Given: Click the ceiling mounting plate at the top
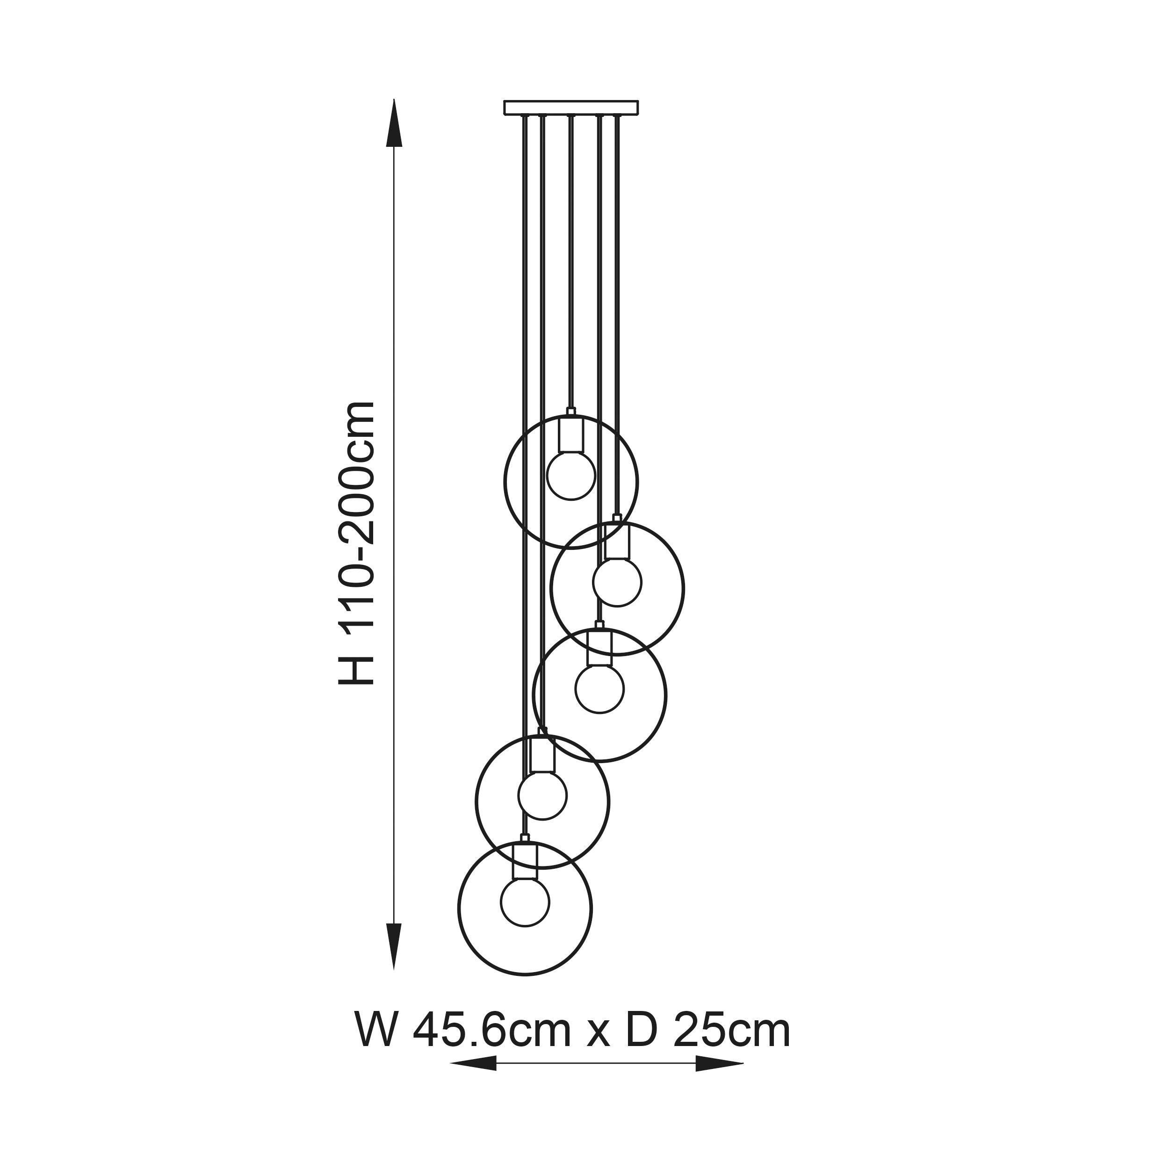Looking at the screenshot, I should pos(571,107).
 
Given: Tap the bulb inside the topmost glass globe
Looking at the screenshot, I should pos(571,476).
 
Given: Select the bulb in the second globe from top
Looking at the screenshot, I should pos(617,582).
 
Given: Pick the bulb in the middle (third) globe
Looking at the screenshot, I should pos(599,689).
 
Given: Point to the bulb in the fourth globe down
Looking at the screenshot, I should pos(543,795).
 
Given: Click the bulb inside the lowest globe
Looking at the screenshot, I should pos(525,902).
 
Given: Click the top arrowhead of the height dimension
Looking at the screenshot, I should pos(395,124).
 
